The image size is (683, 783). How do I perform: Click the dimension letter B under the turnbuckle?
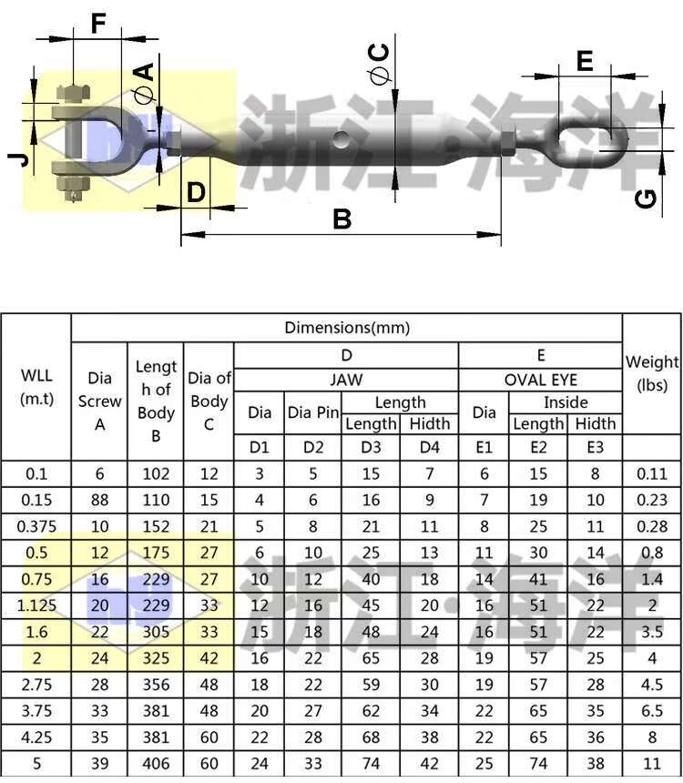click(x=342, y=219)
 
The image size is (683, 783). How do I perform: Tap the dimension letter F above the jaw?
click(x=98, y=24)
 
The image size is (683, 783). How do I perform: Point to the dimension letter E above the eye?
click(x=585, y=61)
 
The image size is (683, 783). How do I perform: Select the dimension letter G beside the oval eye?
click(x=646, y=198)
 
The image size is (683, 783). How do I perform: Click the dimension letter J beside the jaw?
click(x=18, y=160)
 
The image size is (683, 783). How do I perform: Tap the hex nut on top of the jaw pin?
click(x=74, y=94)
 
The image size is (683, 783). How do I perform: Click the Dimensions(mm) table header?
click(x=347, y=328)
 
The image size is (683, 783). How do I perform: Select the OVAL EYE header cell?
click(x=541, y=380)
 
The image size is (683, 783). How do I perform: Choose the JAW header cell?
click(x=346, y=380)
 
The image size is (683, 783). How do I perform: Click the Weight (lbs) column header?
click(x=652, y=373)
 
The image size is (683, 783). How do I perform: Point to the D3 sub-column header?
click(x=371, y=447)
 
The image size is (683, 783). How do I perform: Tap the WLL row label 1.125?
click(x=36, y=605)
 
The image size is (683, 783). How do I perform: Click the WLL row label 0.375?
click(x=36, y=526)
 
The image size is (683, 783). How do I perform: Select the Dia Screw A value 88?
click(x=99, y=500)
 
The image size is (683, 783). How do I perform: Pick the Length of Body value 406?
click(x=156, y=764)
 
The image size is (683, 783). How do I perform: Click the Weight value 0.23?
click(x=652, y=500)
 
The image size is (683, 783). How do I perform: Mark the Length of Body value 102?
click(x=156, y=473)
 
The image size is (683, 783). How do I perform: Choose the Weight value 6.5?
click(x=652, y=710)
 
